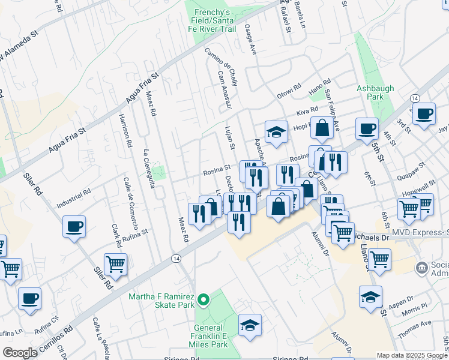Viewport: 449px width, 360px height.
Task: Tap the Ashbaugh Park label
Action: click(375, 92)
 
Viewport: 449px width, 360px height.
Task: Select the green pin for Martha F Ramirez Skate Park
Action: click(203, 299)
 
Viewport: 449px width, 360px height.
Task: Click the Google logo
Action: click(19, 353)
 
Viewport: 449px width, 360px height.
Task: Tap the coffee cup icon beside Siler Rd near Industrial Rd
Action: click(74, 227)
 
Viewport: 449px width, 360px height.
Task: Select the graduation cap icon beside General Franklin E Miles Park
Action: click(249, 324)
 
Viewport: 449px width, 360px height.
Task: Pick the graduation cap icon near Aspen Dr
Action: click(370, 296)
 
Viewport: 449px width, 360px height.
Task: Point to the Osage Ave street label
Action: click(250, 40)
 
